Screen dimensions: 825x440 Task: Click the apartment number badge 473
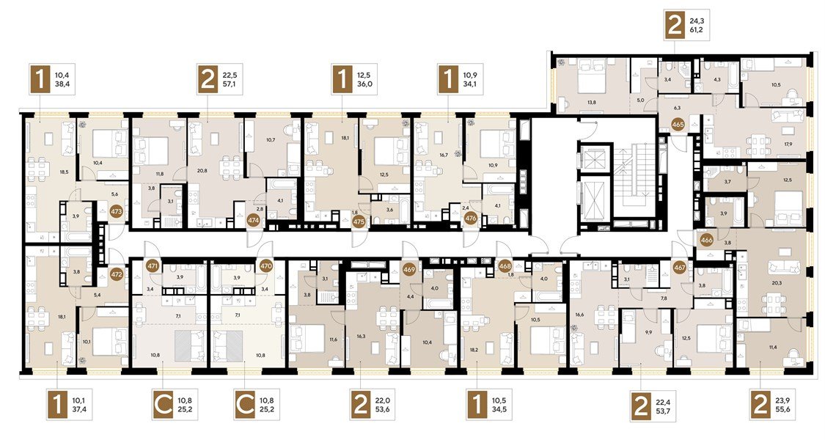click(x=117, y=212)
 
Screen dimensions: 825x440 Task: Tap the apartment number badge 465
click(x=678, y=125)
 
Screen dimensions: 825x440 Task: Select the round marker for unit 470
click(x=265, y=266)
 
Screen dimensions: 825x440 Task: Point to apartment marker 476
click(x=471, y=218)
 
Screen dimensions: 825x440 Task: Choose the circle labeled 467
click(x=680, y=268)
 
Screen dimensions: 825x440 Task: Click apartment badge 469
click(x=409, y=269)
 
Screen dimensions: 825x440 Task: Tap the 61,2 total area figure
click(x=697, y=31)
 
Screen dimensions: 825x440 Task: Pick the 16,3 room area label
click(x=360, y=334)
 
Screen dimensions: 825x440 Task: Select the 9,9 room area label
click(x=647, y=332)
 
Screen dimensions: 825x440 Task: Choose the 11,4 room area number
click(x=773, y=347)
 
